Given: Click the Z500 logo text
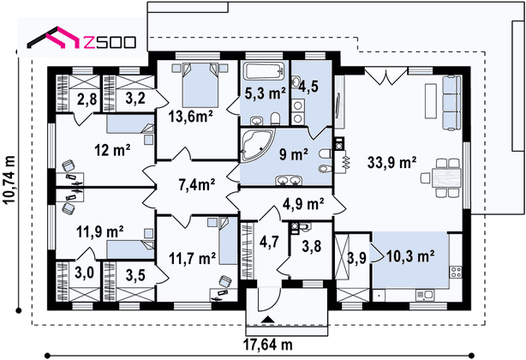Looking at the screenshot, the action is pyautogui.click(x=109, y=42).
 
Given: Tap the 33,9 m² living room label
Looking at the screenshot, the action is pyautogui.click(x=392, y=163).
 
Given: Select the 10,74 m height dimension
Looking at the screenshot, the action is pyautogui.click(x=9, y=180).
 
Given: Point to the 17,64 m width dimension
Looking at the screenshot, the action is pyautogui.click(x=267, y=344).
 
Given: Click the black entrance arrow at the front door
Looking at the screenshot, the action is pyautogui.click(x=267, y=320).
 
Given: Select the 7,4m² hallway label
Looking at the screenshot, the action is pyautogui.click(x=196, y=185).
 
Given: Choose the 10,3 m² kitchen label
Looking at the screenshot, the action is pyautogui.click(x=410, y=256).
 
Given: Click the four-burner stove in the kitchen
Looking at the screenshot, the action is pyautogui.click(x=456, y=272).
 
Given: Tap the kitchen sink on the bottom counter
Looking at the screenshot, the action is pyautogui.click(x=425, y=295).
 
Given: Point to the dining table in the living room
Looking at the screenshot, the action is pyautogui.click(x=446, y=177).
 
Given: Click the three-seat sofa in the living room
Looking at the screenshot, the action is pyautogui.click(x=451, y=103).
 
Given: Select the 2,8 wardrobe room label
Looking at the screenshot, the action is pyautogui.click(x=87, y=99).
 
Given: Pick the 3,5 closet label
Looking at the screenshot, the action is pyautogui.click(x=135, y=275).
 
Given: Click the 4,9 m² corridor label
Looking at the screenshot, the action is pyautogui.click(x=303, y=203).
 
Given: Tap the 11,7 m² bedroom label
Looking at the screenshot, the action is pyautogui.click(x=192, y=258).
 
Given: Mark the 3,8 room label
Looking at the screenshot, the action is pyautogui.click(x=311, y=246).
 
